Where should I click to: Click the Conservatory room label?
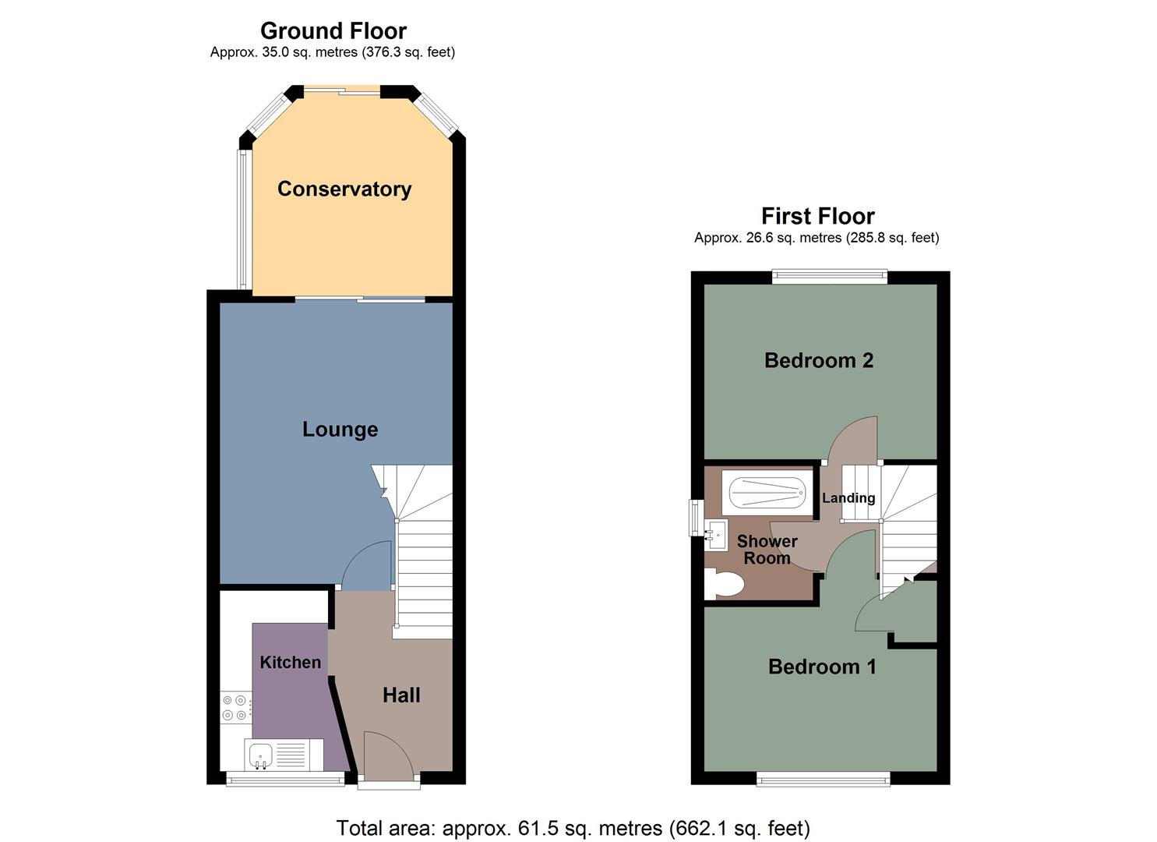(344, 189)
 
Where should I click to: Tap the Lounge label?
(340, 429)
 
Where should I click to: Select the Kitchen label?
(290, 662)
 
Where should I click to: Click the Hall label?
(401, 695)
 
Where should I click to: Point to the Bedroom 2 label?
(818, 360)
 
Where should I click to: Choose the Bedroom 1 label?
(822, 667)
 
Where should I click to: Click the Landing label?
(848, 497)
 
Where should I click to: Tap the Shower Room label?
(767, 550)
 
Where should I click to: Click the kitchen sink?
(259, 754)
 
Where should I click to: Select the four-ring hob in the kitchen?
(235, 707)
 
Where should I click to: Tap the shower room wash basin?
(716, 535)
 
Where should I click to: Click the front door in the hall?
(388, 756)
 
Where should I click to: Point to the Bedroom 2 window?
(829, 276)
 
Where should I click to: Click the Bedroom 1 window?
(823, 777)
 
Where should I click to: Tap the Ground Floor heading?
(333, 31)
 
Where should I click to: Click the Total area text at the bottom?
(573, 827)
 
